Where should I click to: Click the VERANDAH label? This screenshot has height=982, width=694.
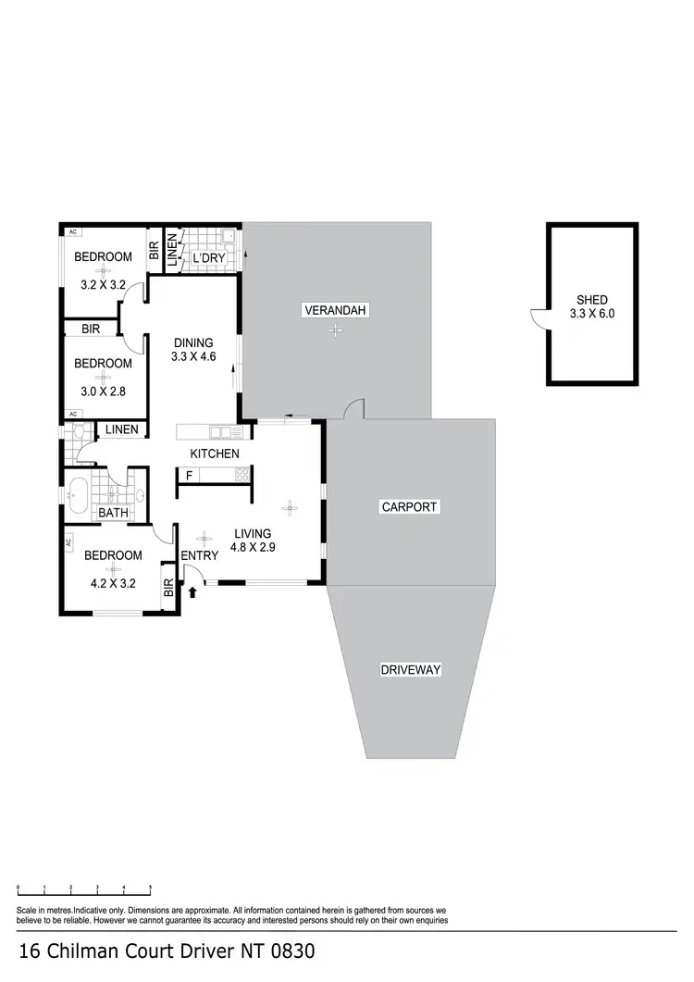click(336, 310)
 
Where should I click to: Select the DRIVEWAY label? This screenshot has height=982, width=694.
click(410, 669)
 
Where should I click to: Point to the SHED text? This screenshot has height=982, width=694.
click(592, 300)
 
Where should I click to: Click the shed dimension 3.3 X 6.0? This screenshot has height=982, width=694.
click(592, 314)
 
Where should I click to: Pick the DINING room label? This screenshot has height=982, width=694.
click(193, 342)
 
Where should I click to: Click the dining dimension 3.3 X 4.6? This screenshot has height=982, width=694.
click(193, 356)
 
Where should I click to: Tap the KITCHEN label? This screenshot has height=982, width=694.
click(215, 454)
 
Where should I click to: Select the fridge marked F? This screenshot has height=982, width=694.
click(189, 476)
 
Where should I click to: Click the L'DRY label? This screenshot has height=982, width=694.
click(209, 258)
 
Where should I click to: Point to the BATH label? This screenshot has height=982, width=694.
click(113, 513)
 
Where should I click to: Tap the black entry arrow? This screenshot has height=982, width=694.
click(192, 591)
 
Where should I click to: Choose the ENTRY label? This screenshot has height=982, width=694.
click(200, 555)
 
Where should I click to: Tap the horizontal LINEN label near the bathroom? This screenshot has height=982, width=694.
click(122, 429)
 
